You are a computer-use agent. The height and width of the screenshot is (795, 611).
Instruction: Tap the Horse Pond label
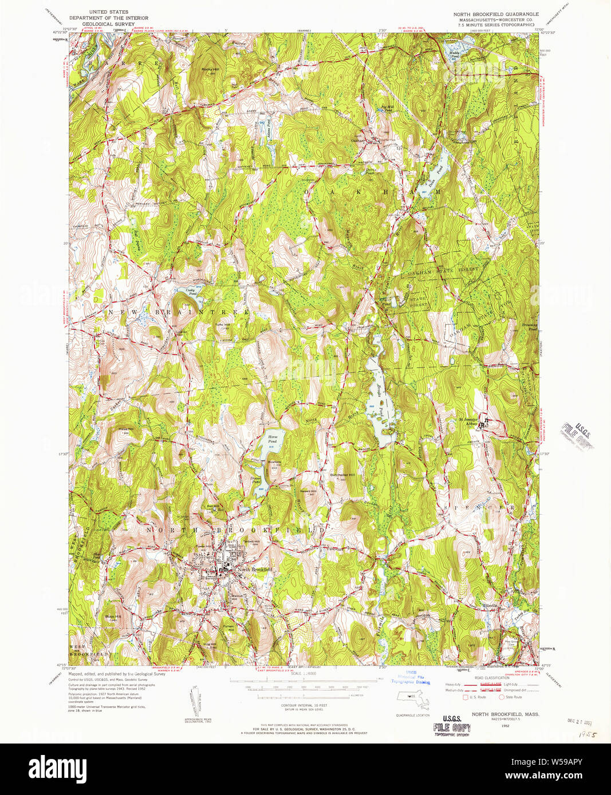273,439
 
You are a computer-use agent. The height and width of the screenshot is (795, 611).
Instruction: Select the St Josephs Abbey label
469,423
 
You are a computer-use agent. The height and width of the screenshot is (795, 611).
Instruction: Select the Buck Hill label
113,617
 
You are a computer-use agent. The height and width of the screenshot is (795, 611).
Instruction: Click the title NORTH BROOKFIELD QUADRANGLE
496,13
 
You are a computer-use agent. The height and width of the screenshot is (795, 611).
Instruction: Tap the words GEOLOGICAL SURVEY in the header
108,24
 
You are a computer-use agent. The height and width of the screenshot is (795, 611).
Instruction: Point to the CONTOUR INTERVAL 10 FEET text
295,705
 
